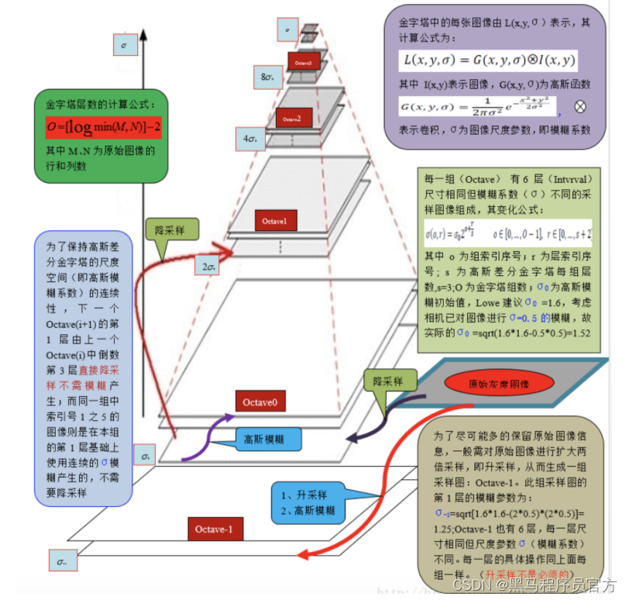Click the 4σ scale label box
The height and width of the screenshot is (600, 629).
(250, 140)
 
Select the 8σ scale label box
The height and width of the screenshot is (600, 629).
(269, 77)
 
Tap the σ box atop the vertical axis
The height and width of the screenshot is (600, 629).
(125, 45)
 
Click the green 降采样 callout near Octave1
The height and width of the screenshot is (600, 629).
(172, 230)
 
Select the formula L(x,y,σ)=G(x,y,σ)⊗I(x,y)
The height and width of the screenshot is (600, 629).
(490, 60)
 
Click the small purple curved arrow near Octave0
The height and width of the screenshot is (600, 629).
(203, 441)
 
